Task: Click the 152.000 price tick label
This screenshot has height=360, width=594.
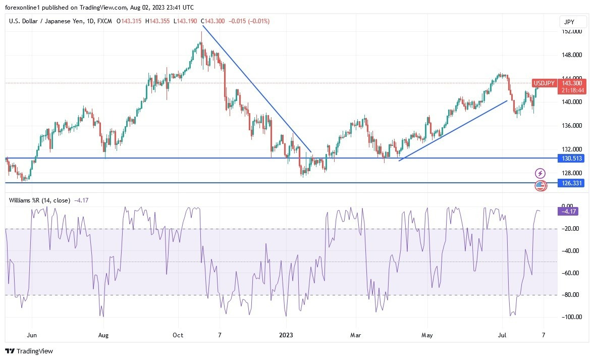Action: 571,31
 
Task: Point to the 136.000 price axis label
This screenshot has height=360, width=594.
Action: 571,126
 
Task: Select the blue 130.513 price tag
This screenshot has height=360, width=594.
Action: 571,158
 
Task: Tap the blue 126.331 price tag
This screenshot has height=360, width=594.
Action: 571,183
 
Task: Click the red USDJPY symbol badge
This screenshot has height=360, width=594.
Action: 544,83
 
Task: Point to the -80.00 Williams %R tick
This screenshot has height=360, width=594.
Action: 571,295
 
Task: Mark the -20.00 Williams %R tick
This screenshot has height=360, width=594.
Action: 571,229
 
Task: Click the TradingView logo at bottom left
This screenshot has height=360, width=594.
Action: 29,351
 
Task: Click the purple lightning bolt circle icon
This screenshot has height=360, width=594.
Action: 541,174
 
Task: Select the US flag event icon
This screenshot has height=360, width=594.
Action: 541,186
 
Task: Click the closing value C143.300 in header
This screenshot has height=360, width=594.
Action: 213,21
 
